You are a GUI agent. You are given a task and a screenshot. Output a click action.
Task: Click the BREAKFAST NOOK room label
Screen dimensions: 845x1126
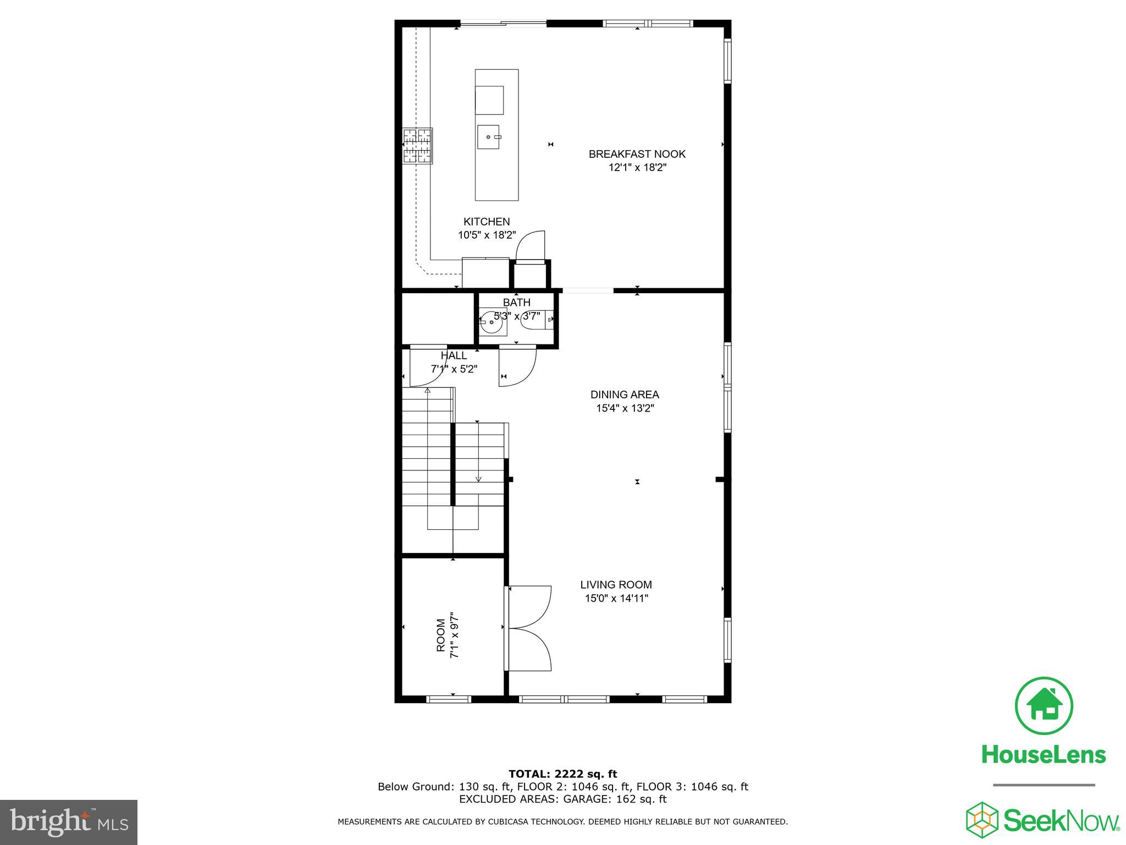click(637, 154)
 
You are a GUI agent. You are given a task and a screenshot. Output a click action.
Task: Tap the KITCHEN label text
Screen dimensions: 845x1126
click(487, 222)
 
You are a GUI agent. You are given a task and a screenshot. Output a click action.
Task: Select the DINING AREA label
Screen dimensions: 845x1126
click(624, 394)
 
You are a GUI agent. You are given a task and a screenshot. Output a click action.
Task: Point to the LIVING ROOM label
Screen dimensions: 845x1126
click(616, 585)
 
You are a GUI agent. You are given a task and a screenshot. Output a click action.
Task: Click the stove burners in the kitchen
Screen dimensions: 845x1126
click(417, 146)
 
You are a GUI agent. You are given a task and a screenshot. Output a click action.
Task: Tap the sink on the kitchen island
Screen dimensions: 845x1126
click(488, 137)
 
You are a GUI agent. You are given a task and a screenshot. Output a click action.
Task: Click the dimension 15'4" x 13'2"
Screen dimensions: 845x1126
click(625, 408)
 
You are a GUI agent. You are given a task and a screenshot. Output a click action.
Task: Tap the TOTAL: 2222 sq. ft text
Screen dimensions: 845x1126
click(562, 774)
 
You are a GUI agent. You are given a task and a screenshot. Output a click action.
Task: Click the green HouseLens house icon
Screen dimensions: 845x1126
click(1043, 706)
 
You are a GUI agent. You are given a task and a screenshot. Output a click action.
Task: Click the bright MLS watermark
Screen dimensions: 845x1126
click(69, 822)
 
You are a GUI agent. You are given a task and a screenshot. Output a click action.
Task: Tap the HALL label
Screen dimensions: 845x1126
click(454, 356)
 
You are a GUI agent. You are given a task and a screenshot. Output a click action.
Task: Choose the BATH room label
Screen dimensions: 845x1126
click(516, 303)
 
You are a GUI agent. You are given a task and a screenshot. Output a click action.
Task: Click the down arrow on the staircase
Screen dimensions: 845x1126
click(478, 479)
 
